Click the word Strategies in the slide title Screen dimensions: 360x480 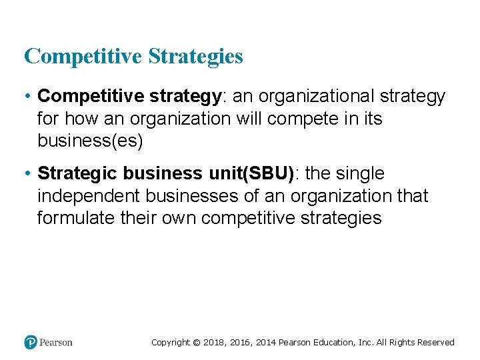195,57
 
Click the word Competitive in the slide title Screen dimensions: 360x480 83,57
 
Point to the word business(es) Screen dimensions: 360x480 90,141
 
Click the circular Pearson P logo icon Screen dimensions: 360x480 31,342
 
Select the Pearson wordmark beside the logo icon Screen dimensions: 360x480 56,343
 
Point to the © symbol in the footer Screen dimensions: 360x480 196,343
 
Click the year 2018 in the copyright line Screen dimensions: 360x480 213,343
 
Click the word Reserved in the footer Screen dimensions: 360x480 435,343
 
